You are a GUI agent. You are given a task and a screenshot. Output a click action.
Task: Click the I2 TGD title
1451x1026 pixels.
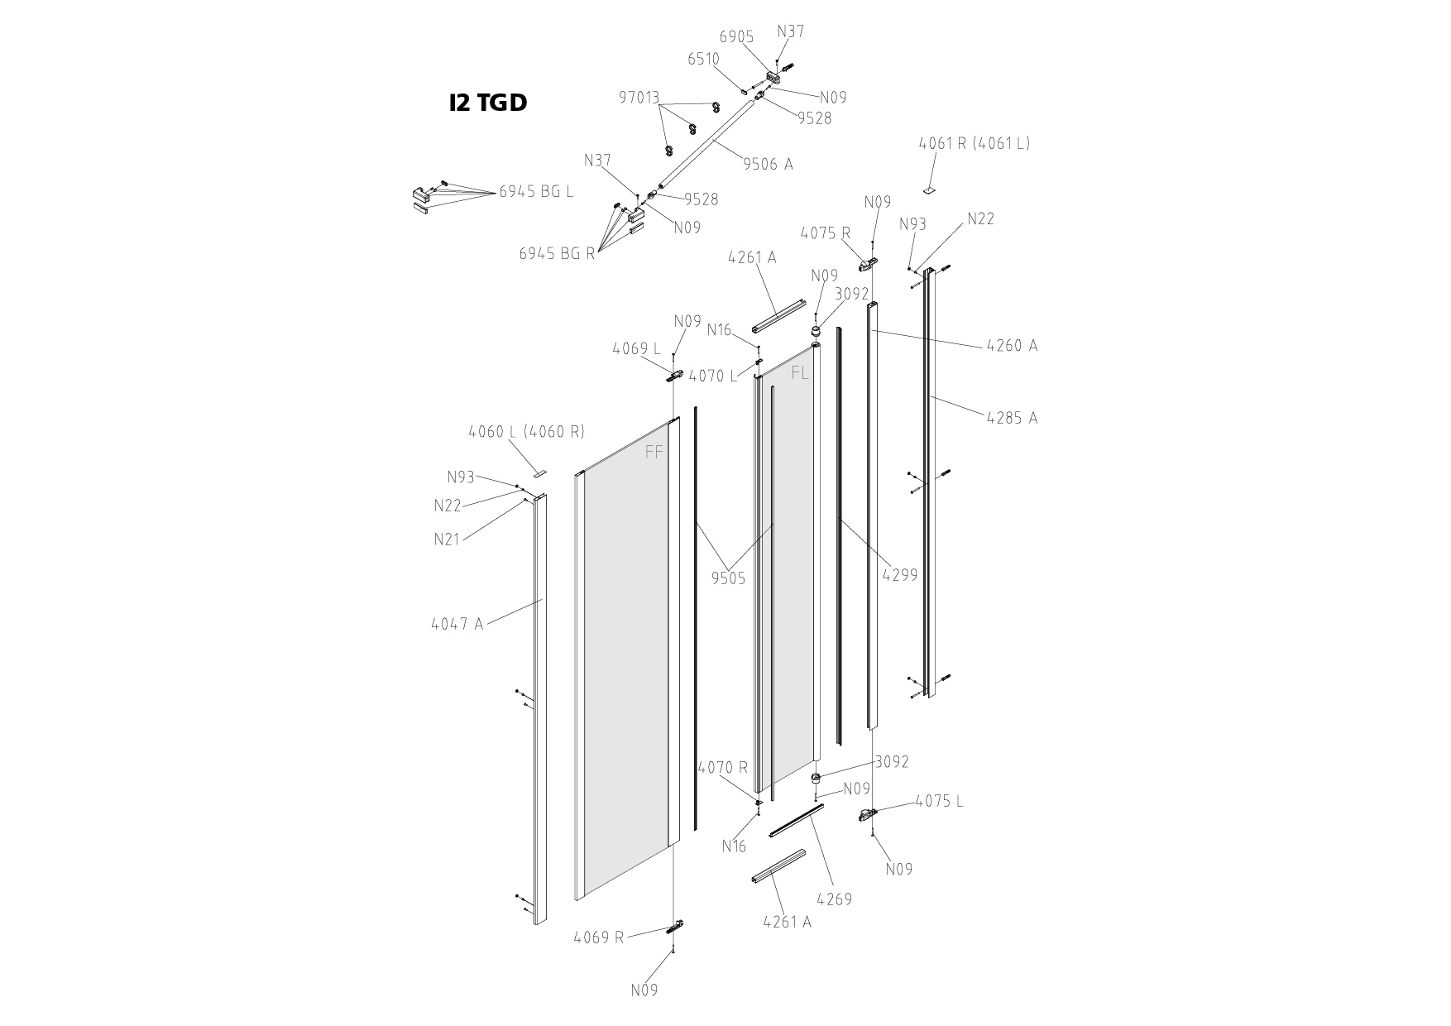488,103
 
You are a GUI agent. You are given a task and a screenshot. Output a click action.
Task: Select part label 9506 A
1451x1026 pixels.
768,164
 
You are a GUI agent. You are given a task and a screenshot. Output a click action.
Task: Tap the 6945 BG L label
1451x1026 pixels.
536,192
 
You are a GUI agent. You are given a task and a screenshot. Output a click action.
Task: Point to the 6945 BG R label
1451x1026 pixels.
557,253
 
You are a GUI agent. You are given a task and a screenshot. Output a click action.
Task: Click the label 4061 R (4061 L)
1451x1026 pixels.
975,143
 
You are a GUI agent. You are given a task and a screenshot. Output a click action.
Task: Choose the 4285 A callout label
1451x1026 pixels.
1012,418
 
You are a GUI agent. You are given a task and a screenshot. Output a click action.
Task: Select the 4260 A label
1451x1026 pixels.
1012,346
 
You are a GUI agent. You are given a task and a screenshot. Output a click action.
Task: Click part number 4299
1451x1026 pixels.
900,575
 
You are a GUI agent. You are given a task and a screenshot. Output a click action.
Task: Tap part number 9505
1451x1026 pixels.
729,578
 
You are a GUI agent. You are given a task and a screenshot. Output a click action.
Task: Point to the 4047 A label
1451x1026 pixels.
457,624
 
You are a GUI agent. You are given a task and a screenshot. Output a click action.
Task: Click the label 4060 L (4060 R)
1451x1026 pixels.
526,431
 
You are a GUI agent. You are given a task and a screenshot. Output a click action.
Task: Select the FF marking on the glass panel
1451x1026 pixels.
654,453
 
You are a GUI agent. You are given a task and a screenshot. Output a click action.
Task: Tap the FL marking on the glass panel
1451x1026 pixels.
800,373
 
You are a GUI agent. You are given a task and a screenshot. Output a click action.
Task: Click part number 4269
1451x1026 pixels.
834,899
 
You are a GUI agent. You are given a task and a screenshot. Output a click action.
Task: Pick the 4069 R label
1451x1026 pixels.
599,937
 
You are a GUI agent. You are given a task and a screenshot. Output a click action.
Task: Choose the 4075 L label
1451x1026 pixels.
939,802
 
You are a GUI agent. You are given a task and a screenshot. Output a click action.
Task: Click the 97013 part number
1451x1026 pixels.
639,98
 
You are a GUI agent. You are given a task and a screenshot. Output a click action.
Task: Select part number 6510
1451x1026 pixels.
703,60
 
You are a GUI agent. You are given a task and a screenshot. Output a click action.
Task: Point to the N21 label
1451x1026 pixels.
448,539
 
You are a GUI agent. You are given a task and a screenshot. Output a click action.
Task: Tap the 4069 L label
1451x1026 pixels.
637,349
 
